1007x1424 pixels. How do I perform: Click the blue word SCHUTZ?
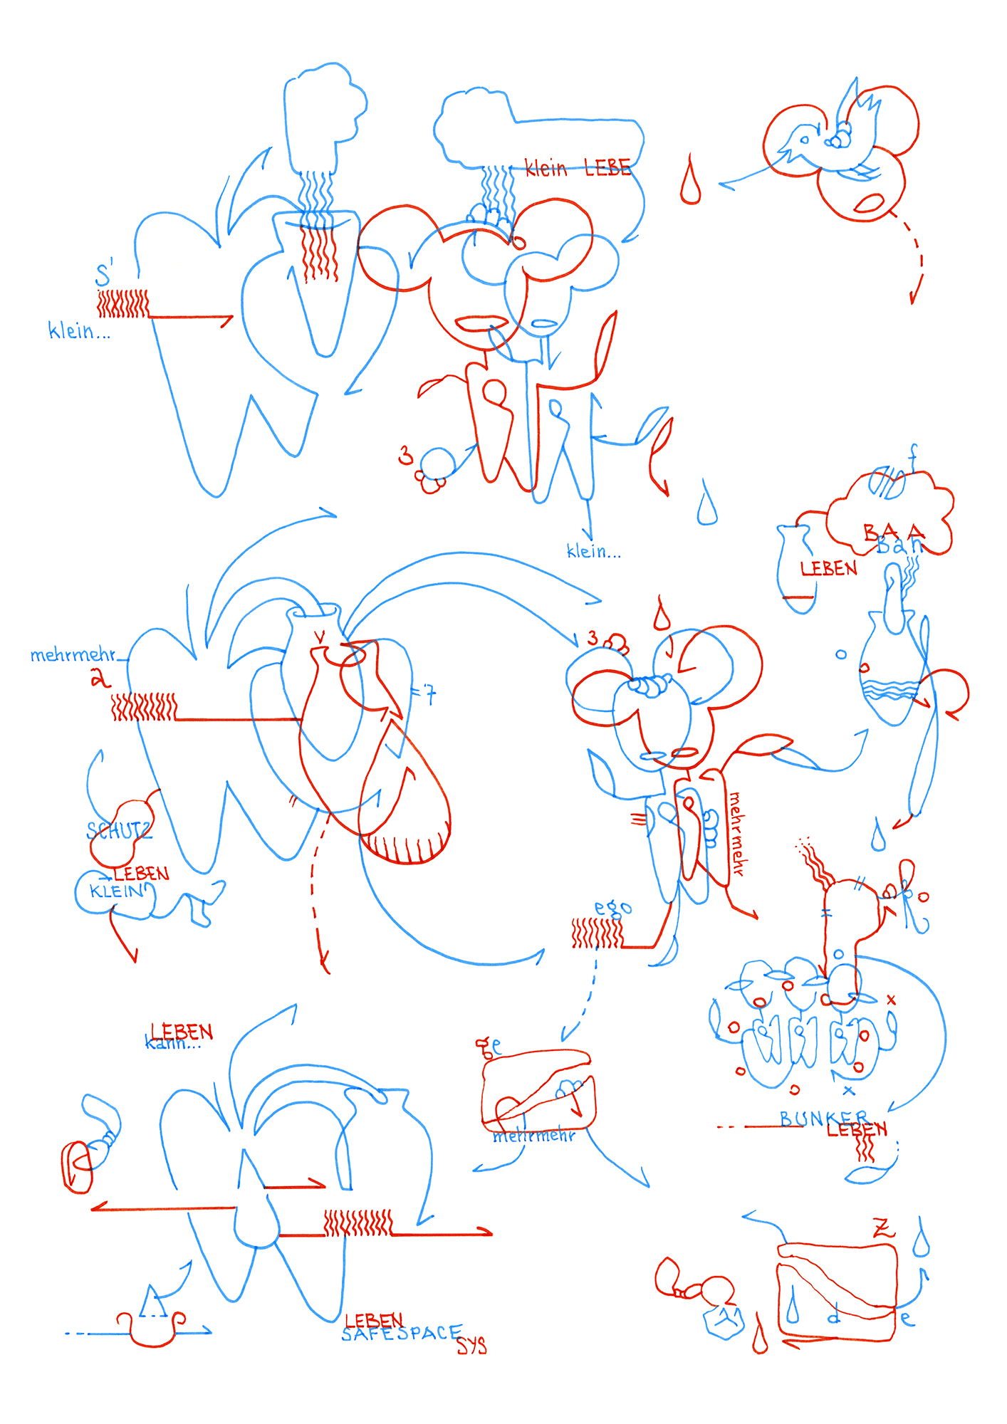(x=118, y=831)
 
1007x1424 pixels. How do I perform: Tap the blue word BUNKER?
(x=823, y=1119)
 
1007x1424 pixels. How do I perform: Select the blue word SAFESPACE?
(x=401, y=1333)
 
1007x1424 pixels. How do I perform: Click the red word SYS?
(x=471, y=1345)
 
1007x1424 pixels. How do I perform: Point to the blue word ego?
(x=612, y=908)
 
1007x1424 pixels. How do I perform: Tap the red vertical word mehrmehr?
(x=736, y=834)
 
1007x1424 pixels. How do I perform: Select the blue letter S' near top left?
(x=104, y=274)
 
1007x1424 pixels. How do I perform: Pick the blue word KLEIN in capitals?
(x=117, y=891)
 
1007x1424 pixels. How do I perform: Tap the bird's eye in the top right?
(x=805, y=140)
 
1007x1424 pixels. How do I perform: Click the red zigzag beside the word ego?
(x=597, y=933)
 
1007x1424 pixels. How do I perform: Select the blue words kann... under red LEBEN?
(x=172, y=1044)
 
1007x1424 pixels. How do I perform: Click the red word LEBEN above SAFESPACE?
(x=374, y=1321)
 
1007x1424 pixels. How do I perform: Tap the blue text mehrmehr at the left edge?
(x=73, y=655)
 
